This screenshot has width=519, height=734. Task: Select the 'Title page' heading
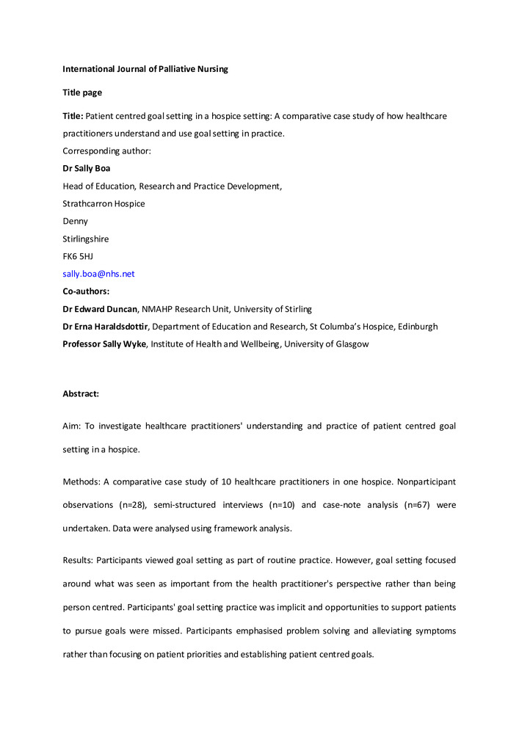[82, 92]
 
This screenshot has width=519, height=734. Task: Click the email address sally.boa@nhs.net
[98, 274]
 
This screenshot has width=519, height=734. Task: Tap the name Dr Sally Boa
[87, 168]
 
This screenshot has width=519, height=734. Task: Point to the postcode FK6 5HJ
[78, 256]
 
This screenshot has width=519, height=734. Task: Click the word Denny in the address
[75, 221]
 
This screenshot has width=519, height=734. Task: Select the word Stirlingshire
[86, 239]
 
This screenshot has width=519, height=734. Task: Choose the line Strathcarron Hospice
[104, 203]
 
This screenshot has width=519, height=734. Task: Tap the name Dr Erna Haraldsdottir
[106, 327]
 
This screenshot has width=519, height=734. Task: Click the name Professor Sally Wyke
[105, 344]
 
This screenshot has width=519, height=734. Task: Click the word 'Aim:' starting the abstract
[73, 426]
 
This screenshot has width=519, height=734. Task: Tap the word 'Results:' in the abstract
[79, 560]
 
